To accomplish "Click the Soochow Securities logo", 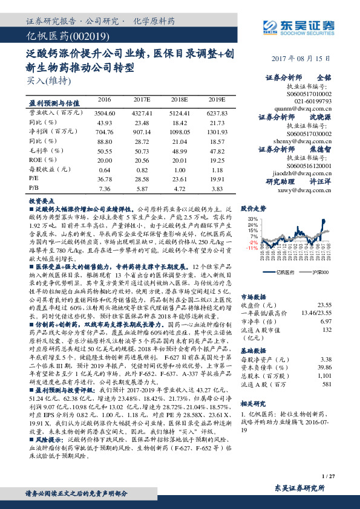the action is (303, 26).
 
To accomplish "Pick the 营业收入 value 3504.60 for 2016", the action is (105, 113).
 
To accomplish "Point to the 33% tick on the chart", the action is (253, 218).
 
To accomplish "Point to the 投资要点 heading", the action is (41, 199).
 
